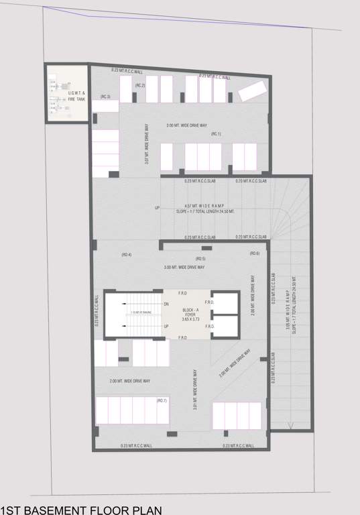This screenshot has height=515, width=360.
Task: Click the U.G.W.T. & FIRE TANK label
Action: pos(76,96)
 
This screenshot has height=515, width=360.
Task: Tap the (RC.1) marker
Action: pos(216,134)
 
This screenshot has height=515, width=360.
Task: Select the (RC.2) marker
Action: pos(140,86)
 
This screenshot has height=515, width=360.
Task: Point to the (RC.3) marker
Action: pos(105,97)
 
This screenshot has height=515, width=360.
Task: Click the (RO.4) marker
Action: pos(126,254)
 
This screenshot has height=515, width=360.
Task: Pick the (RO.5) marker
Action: pos(200,258)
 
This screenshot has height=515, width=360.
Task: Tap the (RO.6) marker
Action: pos(254,253)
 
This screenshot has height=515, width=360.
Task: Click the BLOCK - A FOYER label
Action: pos(187,314)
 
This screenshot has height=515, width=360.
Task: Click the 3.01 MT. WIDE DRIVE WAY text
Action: pos(194,390)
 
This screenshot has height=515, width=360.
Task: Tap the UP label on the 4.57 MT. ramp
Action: pos(157,208)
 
